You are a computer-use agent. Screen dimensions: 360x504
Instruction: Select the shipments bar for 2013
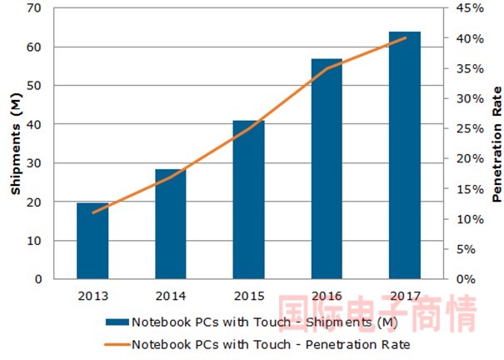(92, 241)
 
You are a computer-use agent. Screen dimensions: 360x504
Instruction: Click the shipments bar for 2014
(171, 224)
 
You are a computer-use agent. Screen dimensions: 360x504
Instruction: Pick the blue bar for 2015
(248, 200)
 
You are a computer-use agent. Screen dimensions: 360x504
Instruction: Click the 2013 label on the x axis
(92, 295)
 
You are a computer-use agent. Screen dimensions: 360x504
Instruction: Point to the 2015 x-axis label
(248, 295)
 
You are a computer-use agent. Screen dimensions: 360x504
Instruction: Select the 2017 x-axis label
(405, 295)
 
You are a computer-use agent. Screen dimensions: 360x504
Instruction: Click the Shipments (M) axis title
(15, 143)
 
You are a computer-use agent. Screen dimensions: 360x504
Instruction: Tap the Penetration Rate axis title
(497, 143)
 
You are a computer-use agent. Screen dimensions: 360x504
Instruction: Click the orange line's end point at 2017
(405, 37)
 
